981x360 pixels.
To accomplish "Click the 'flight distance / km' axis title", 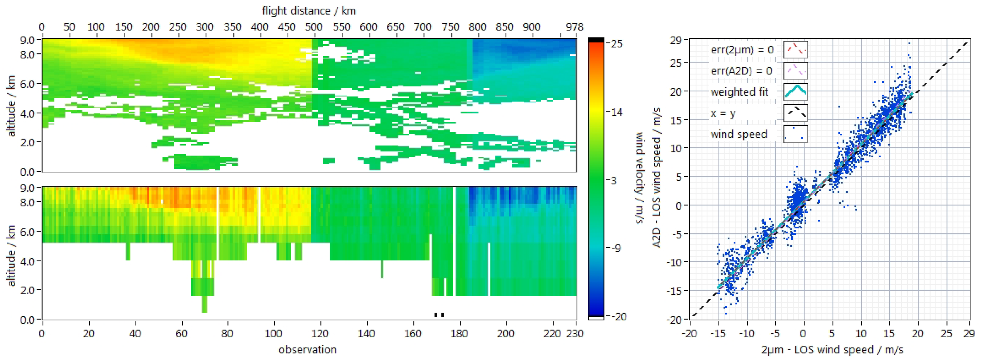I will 309,11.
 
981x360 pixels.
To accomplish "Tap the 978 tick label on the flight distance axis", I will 574,27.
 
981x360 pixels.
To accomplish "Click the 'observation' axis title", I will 307,349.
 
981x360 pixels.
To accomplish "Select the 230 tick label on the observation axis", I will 575,334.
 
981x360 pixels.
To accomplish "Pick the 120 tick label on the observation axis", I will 320,334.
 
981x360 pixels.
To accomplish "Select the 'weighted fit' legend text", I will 739,92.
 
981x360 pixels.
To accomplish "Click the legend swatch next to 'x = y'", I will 795,113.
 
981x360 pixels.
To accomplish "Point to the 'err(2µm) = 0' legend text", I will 742,50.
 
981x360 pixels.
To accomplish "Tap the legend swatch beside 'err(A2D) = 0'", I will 795,71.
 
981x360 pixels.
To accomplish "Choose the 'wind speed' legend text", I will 739,134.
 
